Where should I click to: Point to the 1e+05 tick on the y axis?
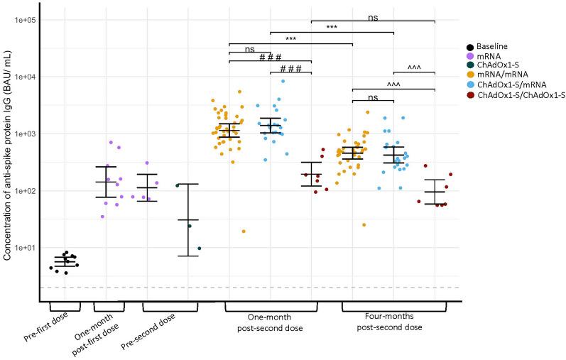tap(23, 20)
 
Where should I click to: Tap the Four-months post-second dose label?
tap(393, 322)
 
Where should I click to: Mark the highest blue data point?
tap(283, 81)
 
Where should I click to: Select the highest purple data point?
tap(111, 142)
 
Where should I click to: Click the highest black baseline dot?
tap(66, 253)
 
